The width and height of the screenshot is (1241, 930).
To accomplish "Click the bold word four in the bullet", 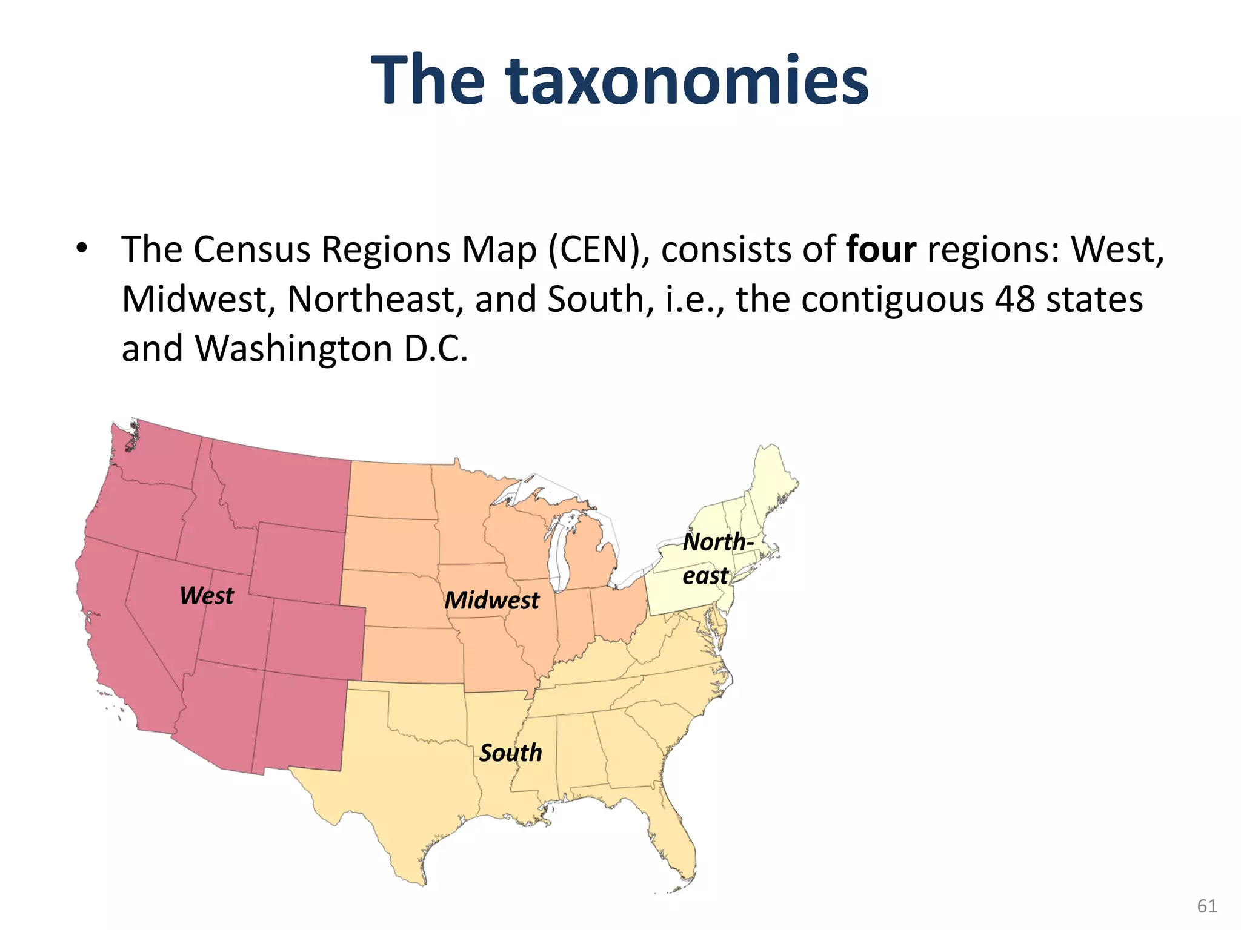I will (x=881, y=249).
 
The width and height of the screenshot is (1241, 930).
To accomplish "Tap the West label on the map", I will (x=207, y=596).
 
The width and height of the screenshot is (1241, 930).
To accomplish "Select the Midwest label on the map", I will (x=491, y=601).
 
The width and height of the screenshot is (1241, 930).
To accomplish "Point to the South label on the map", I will (x=510, y=753).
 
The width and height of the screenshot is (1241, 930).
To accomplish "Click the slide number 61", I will (x=1207, y=906).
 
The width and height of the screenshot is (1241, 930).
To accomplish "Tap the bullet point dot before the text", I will (x=81, y=248).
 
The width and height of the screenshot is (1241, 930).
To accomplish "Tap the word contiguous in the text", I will (x=887, y=299).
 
